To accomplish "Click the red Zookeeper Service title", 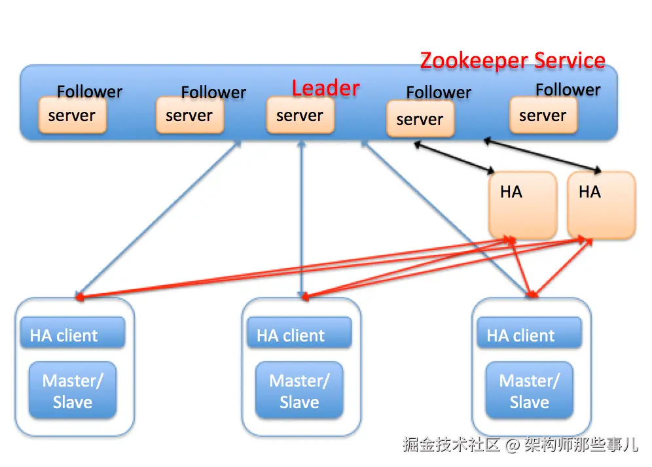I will (x=512, y=60).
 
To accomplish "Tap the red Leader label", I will (x=325, y=88).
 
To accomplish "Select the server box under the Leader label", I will (x=300, y=116).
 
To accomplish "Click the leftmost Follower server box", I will (x=72, y=116).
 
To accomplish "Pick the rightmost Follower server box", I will (x=543, y=116).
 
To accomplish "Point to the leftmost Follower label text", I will (x=90, y=92).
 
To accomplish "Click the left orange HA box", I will (x=522, y=205).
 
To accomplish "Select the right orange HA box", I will (x=600, y=205).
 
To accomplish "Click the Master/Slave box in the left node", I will (x=72, y=390).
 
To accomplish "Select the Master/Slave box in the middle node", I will (x=299, y=390).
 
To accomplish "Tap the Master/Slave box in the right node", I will (x=529, y=390).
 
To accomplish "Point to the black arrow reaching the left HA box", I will (x=454, y=158).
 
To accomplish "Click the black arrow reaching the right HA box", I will (x=542, y=155).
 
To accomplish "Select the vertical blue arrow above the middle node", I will (x=301, y=216).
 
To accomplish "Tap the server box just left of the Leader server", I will (x=189, y=116).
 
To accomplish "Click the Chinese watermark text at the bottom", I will (x=520, y=445).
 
